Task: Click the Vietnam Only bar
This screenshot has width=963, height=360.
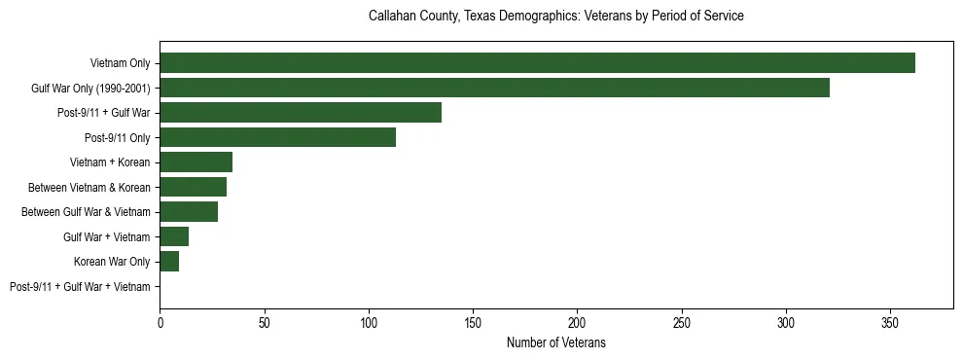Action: tap(537, 63)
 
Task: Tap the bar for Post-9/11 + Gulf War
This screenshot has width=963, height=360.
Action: tap(301, 113)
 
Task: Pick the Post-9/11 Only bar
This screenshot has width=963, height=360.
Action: tap(277, 137)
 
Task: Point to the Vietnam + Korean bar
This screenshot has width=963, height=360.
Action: tap(196, 162)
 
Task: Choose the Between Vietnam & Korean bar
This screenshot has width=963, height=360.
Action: tap(193, 187)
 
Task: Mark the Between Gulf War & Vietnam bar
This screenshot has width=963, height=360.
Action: tap(189, 212)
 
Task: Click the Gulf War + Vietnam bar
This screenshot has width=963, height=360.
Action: tap(174, 236)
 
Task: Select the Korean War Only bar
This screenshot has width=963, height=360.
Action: tap(169, 262)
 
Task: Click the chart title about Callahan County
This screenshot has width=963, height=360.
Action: tap(555, 17)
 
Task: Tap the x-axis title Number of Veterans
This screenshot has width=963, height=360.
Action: tap(555, 342)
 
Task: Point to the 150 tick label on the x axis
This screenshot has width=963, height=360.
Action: tap(473, 322)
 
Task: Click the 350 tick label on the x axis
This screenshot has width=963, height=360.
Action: tap(890, 322)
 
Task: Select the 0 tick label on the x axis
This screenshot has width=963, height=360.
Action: tap(160, 322)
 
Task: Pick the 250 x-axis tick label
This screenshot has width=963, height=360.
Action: tap(682, 322)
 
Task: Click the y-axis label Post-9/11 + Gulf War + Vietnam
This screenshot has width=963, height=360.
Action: tap(80, 286)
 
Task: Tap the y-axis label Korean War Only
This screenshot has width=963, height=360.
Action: tap(112, 262)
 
